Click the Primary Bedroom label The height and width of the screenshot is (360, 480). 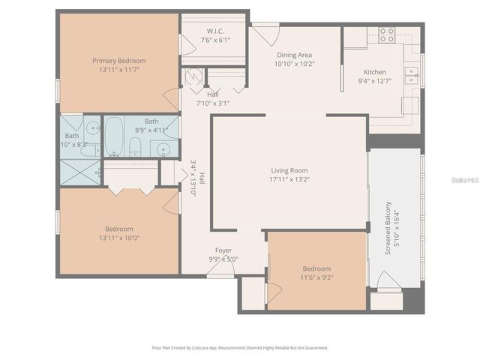point(118,60)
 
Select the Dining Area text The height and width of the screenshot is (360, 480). point(293,55)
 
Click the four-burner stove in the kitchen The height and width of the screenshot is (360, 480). point(386,34)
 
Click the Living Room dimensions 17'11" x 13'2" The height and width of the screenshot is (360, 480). point(289,180)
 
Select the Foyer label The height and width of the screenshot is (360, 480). point(223,250)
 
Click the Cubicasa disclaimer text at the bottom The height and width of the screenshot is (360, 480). point(240,348)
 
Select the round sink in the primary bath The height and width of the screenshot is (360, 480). point(91,127)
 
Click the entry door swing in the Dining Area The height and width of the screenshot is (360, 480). point(262,32)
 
